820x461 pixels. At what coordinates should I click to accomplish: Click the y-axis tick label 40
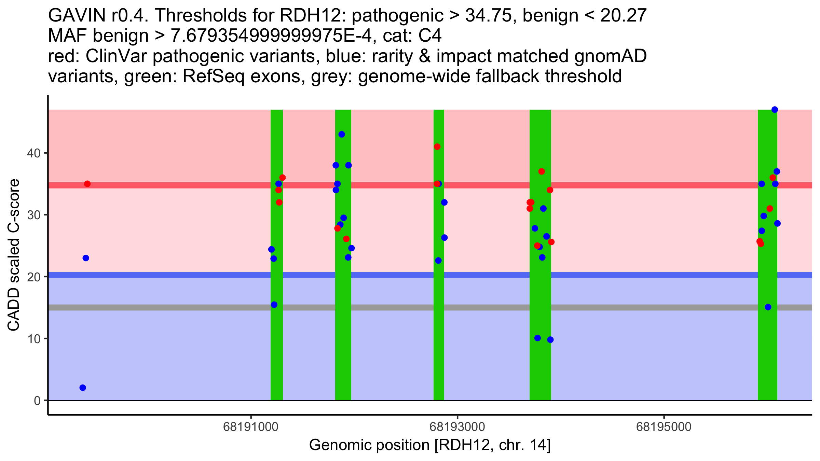coord(33,153)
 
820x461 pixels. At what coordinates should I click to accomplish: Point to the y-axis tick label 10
coord(33,339)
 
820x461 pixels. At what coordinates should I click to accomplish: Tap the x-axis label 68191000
coord(251,427)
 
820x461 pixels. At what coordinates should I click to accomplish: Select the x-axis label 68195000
coord(664,427)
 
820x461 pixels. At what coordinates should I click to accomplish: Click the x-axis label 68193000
coord(457,427)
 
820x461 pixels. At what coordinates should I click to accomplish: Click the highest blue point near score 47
coord(775,110)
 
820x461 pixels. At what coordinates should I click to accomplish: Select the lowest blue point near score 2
coord(83,388)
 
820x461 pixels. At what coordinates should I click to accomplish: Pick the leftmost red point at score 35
coord(87,184)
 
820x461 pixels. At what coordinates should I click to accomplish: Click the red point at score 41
coord(437,147)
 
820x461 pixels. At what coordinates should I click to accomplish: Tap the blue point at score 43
coord(342,135)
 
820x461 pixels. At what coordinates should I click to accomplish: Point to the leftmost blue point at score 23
coord(86,258)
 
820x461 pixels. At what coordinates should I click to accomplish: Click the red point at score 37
coord(542,171)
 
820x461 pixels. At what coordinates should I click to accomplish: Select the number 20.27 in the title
coord(623,16)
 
